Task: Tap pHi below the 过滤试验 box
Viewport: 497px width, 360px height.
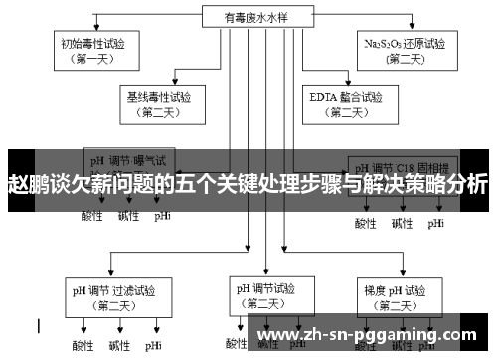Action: pyautogui.click(x=152, y=346)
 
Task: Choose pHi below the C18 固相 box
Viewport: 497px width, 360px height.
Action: pyautogui.click(x=435, y=223)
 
